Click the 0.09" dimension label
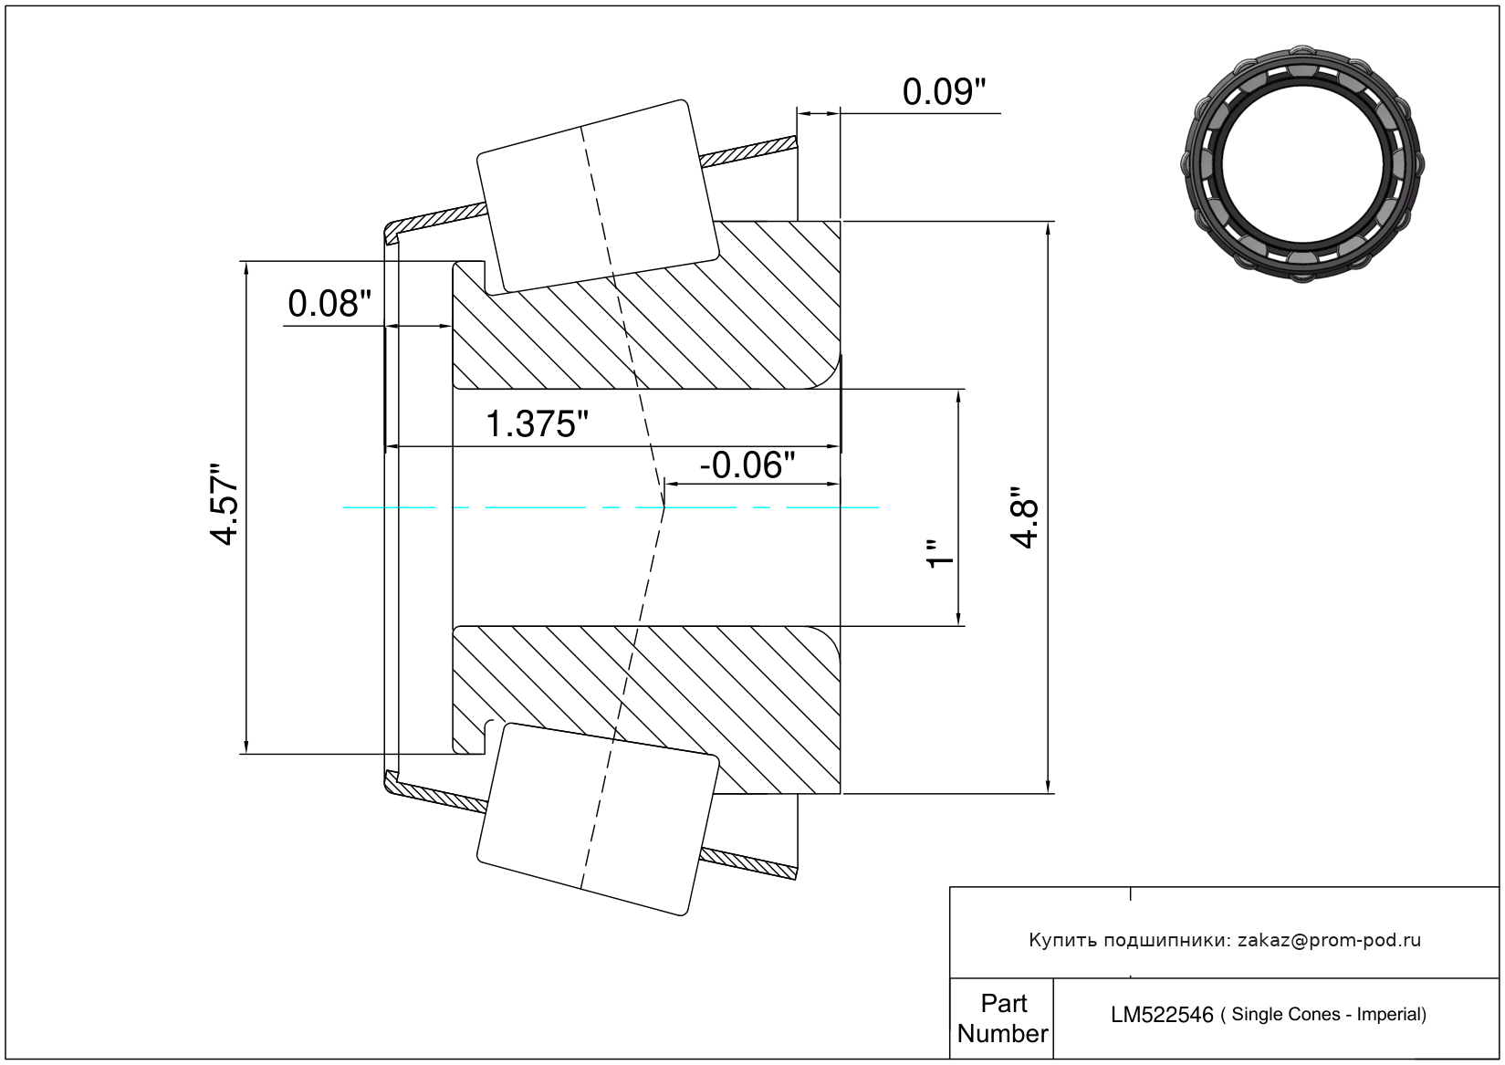tap(944, 92)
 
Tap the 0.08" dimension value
tap(329, 304)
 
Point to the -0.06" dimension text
tap(747, 465)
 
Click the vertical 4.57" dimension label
tap(224, 504)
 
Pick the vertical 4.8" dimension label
tap(1025, 518)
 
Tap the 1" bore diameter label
tap(941, 553)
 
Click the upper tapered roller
tap(598, 196)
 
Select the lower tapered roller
tap(598, 820)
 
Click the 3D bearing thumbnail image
tap(1302, 164)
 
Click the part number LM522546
tap(1162, 1015)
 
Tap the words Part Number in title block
tap(1002, 1018)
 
